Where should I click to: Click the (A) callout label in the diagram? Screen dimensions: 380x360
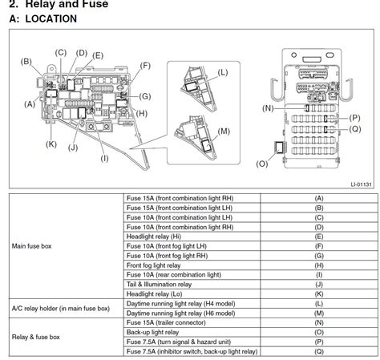point(30,104)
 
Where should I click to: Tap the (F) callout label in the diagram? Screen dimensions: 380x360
point(145,66)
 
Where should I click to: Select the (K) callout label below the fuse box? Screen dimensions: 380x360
point(51,144)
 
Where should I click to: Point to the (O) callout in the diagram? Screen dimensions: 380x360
point(262,164)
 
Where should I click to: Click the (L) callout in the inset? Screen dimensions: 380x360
point(223,72)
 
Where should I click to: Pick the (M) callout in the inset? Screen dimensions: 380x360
point(224,131)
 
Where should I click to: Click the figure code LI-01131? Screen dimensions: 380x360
point(361,184)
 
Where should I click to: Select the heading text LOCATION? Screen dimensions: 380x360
point(51,18)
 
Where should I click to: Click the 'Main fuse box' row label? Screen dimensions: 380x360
point(31,246)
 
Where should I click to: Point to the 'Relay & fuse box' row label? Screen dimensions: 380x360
point(35,337)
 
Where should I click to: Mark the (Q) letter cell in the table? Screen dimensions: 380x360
point(319,351)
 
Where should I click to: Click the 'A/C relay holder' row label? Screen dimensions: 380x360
point(61,309)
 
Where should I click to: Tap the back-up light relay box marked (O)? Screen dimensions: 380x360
point(279,148)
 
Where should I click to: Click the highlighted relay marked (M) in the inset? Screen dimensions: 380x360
point(206,145)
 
